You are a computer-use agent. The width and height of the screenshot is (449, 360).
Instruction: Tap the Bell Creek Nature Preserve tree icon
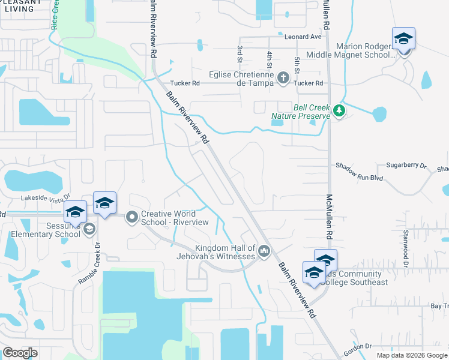339,111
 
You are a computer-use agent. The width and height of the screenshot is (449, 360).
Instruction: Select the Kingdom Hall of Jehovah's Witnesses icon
264,251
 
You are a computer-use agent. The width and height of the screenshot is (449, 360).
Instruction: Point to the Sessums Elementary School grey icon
89,229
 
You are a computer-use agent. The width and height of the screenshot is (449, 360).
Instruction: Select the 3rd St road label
239,53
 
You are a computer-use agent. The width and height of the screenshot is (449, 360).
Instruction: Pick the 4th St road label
269,59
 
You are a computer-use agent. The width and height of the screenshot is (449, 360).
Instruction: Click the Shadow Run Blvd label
359,177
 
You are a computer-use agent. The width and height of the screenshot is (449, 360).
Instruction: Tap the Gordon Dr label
360,346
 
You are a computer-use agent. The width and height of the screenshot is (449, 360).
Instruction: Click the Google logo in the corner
20,353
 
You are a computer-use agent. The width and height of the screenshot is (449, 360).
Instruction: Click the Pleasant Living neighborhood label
17,5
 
